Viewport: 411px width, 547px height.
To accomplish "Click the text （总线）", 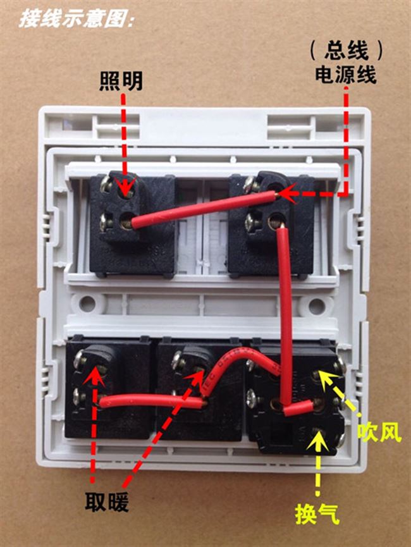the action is tap(346, 49).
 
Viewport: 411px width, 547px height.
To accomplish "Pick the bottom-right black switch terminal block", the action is tap(297, 395).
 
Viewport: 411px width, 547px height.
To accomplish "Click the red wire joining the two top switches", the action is tap(202, 209).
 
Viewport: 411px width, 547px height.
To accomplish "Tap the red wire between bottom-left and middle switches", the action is tap(152, 400).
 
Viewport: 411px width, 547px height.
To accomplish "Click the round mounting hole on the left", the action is tap(88, 304).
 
